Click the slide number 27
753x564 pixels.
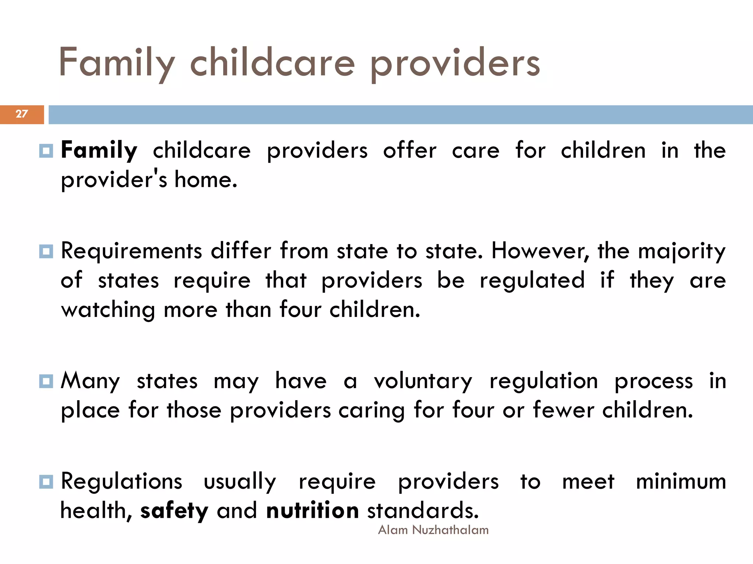[x=22, y=114]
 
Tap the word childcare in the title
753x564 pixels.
[x=272, y=63]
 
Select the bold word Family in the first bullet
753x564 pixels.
[x=99, y=151]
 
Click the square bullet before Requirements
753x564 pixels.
[x=46, y=252]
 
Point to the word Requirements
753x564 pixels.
[x=131, y=252]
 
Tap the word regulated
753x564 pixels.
[x=532, y=281]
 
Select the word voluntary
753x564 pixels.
[x=423, y=382]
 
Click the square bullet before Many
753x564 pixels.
[x=46, y=381]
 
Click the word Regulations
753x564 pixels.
[x=121, y=481]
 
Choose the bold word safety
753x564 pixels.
[x=174, y=511]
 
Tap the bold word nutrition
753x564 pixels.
[x=313, y=510]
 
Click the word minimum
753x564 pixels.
[x=681, y=481]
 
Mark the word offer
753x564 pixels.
[x=410, y=151]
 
